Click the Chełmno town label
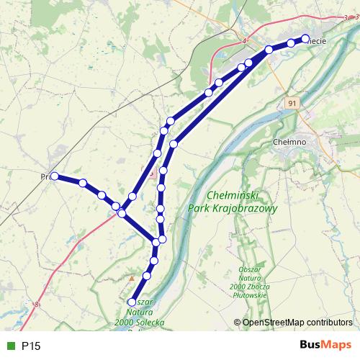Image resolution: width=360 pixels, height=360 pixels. pos(292,143)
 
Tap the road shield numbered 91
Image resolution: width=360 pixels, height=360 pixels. pos(291,104)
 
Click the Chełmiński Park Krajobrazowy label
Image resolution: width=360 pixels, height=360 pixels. pos(242,201)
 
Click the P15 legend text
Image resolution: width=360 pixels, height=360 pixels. pos(31,346)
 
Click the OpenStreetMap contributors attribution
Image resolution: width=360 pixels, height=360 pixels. pos(297,322)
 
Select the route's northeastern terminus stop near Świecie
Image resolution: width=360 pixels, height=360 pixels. pos(305,39)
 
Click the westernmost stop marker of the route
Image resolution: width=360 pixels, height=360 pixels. pos(54,176)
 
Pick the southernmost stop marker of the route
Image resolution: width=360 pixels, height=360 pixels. pos(131,302)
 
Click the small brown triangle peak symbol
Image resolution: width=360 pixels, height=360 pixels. pos(132,277)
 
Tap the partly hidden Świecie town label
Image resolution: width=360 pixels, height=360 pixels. pos(317,41)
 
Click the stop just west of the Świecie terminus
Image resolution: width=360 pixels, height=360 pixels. pos(290,43)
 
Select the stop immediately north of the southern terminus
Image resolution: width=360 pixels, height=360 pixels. pos(148,276)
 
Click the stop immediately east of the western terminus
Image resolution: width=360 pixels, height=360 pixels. pos(83,183)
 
